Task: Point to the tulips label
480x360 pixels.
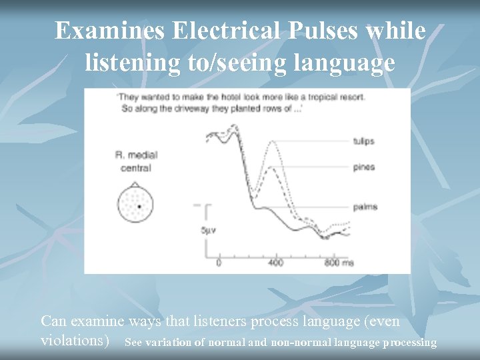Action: (x=363, y=141)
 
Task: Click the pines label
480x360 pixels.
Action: (x=364, y=167)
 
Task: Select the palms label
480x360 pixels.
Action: (x=365, y=207)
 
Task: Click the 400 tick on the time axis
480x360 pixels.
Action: (x=275, y=263)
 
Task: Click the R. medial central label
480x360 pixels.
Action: (x=136, y=161)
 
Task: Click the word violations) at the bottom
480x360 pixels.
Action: (x=75, y=340)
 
